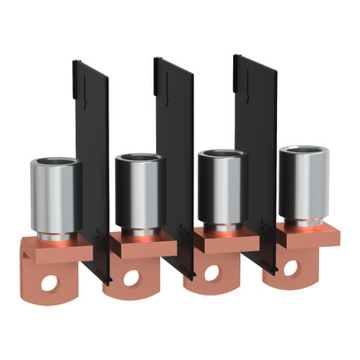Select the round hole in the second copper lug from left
(x=129, y=279)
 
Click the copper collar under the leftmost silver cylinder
(x=61, y=241)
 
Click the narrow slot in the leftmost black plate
(x=81, y=97)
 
